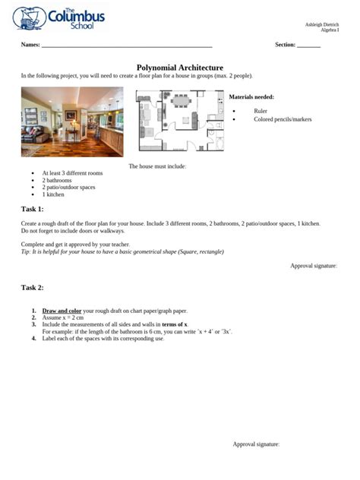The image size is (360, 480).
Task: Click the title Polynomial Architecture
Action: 179,68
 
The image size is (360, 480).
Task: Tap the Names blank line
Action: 126,46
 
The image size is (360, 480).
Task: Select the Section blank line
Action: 308,46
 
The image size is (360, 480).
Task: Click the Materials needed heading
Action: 251,97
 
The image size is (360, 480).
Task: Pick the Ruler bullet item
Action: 261,111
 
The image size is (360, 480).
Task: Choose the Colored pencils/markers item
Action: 283,119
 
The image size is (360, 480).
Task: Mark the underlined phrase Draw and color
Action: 62,311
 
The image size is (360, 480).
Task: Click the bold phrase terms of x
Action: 174,324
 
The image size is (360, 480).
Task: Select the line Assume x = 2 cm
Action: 63,317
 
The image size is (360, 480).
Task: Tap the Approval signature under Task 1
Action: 314,265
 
